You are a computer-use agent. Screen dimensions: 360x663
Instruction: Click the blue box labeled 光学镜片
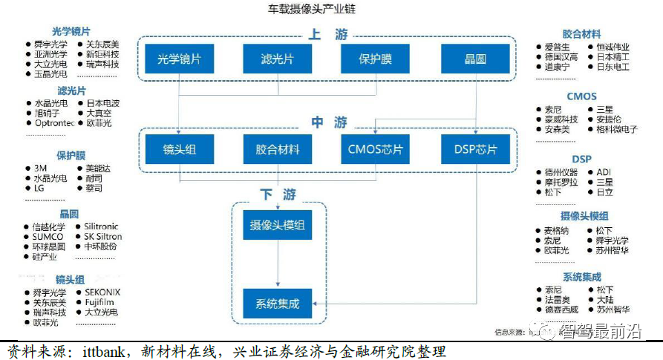(x=179, y=59)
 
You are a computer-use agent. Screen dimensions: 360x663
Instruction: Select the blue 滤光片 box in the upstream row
(x=276, y=59)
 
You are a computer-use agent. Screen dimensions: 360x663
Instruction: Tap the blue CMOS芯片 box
(x=375, y=150)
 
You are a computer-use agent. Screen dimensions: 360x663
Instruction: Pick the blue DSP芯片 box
(x=475, y=150)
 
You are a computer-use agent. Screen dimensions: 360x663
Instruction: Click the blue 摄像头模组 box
(x=277, y=225)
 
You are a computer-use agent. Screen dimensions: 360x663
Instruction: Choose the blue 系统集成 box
(x=277, y=304)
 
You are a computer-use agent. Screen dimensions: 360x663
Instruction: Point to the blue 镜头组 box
(x=179, y=150)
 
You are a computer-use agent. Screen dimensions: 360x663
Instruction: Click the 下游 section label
(x=278, y=194)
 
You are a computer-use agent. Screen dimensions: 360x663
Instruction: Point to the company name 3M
(x=41, y=168)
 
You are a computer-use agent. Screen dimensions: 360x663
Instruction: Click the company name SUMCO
(x=48, y=236)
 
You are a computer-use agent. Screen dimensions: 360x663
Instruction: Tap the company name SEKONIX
(x=102, y=292)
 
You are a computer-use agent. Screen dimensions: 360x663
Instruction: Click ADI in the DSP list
(x=603, y=172)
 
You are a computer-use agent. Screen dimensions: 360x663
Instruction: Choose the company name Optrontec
(x=54, y=123)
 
